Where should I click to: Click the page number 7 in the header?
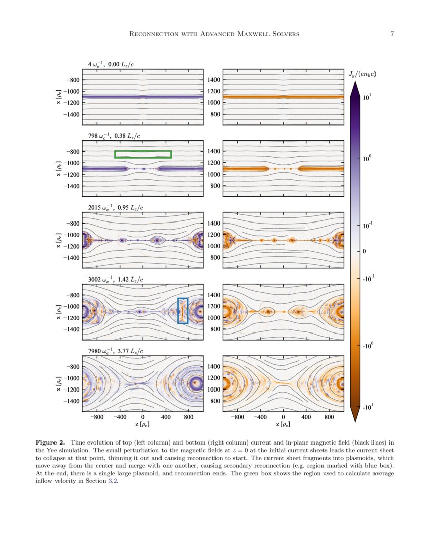[392, 34]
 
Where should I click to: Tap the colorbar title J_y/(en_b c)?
[362, 74]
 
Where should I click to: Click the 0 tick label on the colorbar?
[365, 251]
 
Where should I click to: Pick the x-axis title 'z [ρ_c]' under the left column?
[143, 426]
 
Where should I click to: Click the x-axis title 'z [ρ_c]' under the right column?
[283, 426]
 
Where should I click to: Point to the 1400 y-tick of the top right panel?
[214, 80]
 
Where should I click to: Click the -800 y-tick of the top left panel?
[73, 80]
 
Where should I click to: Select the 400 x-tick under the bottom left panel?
[166, 418]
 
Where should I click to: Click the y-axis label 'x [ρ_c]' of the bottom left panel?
[60, 383]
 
